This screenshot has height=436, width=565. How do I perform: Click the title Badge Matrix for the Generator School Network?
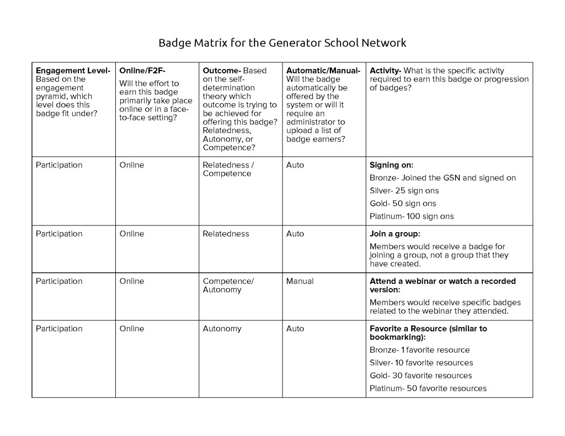pyautogui.click(x=282, y=43)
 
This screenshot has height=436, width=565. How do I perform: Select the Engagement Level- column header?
pyautogui.click(x=73, y=71)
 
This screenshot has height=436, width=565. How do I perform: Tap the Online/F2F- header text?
pyautogui.click(x=142, y=71)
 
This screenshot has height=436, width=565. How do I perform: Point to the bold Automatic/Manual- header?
pyautogui.click(x=323, y=71)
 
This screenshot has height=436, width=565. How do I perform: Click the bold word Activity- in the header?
pyautogui.click(x=385, y=71)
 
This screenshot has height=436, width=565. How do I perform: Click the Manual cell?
pyautogui.click(x=300, y=281)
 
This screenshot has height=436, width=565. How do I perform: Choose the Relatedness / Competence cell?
pyautogui.click(x=228, y=169)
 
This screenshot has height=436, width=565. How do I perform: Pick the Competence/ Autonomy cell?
pyautogui.click(x=228, y=286)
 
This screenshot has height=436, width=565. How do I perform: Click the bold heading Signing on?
pyautogui.click(x=391, y=165)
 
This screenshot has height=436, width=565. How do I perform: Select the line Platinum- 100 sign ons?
pyautogui.click(x=411, y=217)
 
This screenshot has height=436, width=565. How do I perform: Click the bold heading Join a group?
pyautogui.click(x=395, y=234)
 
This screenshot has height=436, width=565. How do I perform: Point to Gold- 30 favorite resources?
pyautogui.click(x=420, y=376)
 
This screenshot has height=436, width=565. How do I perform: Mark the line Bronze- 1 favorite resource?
pyautogui.click(x=419, y=350)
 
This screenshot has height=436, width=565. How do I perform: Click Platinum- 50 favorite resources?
pyautogui.click(x=428, y=389)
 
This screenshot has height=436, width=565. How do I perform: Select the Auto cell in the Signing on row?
pyautogui.click(x=295, y=165)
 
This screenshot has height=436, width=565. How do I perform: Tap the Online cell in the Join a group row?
pyautogui.click(x=131, y=234)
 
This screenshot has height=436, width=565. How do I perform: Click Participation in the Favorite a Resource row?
pyautogui.click(x=59, y=329)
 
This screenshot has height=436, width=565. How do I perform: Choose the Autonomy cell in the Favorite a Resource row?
pyautogui.click(x=222, y=329)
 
